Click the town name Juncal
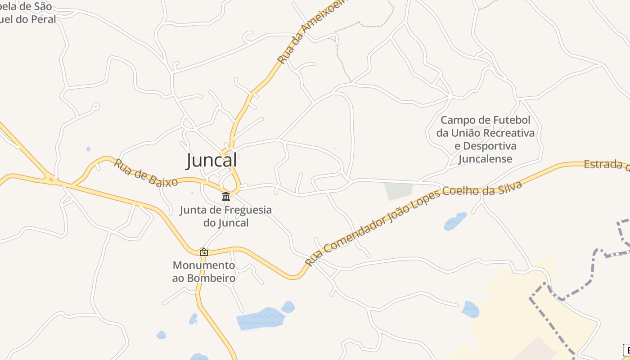[211, 160]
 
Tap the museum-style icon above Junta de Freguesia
[226, 196]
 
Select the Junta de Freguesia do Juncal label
[225, 216]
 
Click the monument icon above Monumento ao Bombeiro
[204, 252]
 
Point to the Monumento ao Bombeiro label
[204, 271]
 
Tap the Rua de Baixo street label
[145, 173]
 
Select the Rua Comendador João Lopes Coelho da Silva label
[413, 223]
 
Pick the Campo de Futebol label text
[485, 120]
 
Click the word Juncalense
[485, 159]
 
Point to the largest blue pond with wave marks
[260, 319]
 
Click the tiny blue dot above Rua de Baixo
[88, 149]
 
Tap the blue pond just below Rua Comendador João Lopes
[455, 221]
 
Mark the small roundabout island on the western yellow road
[51, 180]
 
